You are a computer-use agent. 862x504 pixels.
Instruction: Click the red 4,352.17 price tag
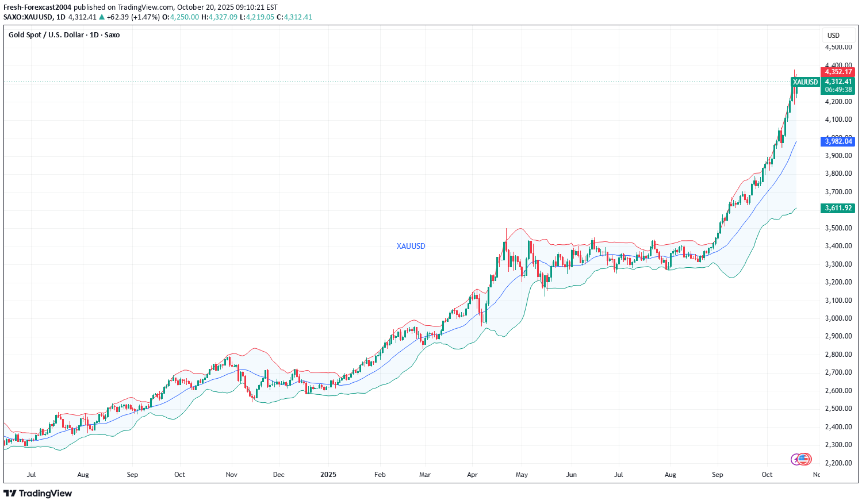pos(838,72)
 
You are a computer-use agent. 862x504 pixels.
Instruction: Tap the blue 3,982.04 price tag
pos(838,141)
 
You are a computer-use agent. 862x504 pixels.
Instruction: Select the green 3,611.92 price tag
pos(838,208)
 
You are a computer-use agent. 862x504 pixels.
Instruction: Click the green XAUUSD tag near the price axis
pos(804,82)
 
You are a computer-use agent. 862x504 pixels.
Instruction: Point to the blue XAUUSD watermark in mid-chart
pos(411,246)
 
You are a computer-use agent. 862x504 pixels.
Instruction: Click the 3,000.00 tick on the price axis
pos(838,318)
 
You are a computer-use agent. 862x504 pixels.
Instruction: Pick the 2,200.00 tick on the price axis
pos(838,463)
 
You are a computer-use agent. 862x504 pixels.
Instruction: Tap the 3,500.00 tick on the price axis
pos(838,228)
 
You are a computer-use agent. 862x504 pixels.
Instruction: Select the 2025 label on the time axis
pos(328,475)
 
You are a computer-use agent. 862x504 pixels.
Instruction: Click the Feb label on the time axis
pos(380,475)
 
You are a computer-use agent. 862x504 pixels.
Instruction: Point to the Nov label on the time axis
pos(232,475)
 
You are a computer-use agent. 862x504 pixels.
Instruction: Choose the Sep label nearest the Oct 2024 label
pos(132,475)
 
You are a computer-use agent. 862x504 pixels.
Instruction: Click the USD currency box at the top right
pos(833,36)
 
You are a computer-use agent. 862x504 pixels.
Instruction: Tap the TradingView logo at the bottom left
pos(38,493)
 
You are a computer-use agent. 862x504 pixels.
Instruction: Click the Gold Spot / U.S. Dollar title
pos(64,35)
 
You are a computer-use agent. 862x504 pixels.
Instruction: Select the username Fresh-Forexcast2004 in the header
pos(37,7)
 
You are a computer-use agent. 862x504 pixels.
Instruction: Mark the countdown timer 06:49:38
pos(838,90)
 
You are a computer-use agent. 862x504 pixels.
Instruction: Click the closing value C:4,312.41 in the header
pos(294,17)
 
